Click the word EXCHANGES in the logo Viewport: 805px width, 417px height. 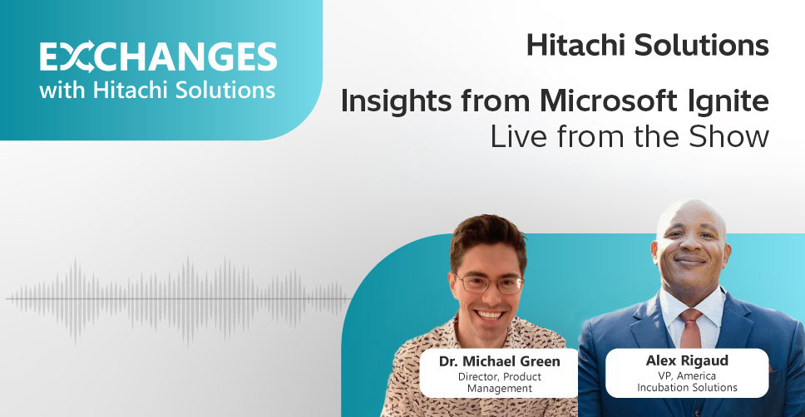[158, 56]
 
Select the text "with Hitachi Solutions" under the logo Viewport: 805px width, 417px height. [157, 89]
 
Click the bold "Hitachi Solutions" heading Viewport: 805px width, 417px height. [647, 46]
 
